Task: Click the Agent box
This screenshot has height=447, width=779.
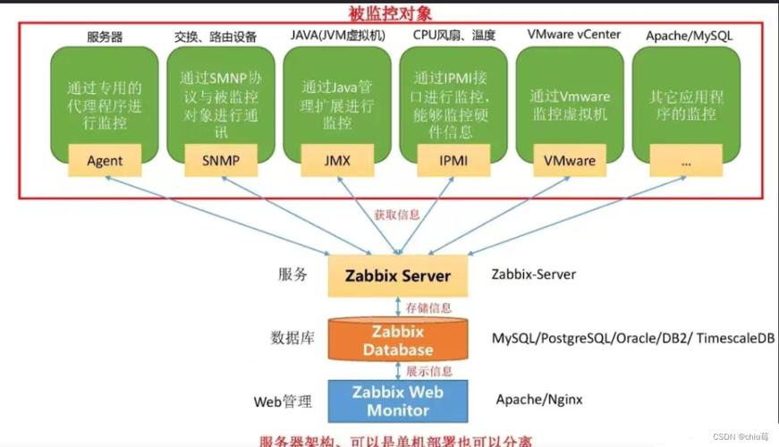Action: pyautogui.click(x=105, y=162)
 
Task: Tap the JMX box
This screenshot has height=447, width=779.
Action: pyautogui.click(x=337, y=162)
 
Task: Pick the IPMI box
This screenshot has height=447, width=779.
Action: pyautogui.click(x=453, y=162)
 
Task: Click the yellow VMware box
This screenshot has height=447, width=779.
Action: pyautogui.click(x=569, y=162)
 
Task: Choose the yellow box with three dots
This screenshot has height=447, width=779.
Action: pyautogui.click(x=686, y=162)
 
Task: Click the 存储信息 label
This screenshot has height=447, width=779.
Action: pyautogui.click(x=429, y=307)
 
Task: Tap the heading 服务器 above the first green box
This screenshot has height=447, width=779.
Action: pyautogui.click(x=105, y=37)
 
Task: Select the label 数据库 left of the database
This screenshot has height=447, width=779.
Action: pyautogui.click(x=291, y=338)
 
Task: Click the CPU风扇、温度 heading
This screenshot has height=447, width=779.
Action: pyautogui.click(x=453, y=36)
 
